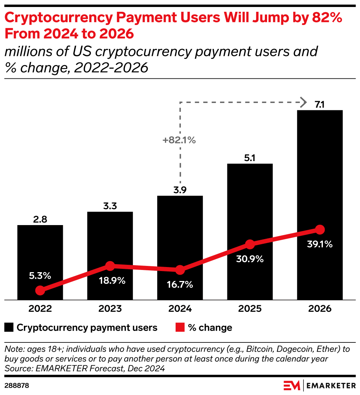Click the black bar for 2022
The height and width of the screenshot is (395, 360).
tap(40, 257)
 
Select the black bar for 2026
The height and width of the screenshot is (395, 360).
tap(320, 184)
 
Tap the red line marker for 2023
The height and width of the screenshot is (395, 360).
tap(110, 266)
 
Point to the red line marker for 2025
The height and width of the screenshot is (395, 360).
tap(250, 244)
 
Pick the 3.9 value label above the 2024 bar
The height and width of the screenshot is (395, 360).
tap(180, 190)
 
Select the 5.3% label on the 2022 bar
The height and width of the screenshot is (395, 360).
tap(40, 275)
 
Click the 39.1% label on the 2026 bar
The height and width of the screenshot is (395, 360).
tap(320, 244)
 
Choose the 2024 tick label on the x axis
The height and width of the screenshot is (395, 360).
tap(180, 308)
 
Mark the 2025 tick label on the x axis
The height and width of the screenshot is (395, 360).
tap(250, 308)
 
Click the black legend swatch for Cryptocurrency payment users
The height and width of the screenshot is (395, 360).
tap(9, 327)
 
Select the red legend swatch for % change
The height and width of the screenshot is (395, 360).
tap(180, 327)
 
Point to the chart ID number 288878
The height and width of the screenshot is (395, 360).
tap(17, 386)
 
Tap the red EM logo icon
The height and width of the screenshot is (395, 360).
tap(292, 386)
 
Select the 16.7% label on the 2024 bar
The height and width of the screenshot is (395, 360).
tap(180, 285)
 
